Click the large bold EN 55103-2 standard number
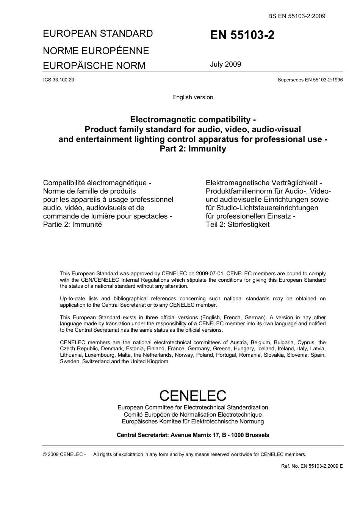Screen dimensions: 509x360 (242, 35)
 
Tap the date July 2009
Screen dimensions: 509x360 (225, 64)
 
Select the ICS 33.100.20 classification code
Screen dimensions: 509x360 (59, 80)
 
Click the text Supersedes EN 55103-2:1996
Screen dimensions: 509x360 (310, 80)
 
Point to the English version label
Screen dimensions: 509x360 (193, 97)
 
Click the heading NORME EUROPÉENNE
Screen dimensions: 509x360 (96, 51)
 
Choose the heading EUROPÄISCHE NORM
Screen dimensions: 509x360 (94, 66)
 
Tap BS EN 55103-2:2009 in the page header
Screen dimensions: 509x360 (297, 16)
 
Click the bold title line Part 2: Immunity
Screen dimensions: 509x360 (193, 149)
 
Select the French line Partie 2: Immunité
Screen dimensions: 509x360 (72, 224)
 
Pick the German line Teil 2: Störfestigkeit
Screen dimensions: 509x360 (238, 224)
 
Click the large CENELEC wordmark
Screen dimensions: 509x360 (193, 395)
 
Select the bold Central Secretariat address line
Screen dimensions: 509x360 (193, 435)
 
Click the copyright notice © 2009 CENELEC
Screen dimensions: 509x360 (64, 454)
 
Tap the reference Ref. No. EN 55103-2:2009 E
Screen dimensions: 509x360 (311, 466)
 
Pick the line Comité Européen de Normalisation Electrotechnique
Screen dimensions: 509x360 (193, 414)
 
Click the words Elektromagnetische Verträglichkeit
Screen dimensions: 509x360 (264, 183)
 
